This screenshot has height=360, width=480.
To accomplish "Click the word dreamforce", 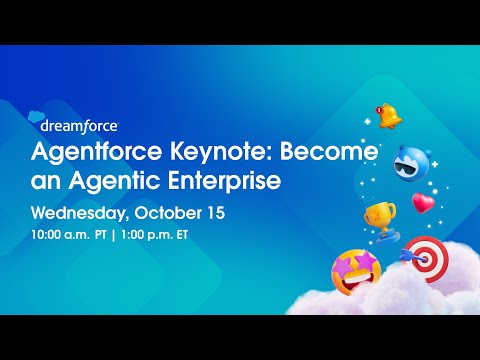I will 80,126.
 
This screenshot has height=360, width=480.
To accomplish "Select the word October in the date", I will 171,213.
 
